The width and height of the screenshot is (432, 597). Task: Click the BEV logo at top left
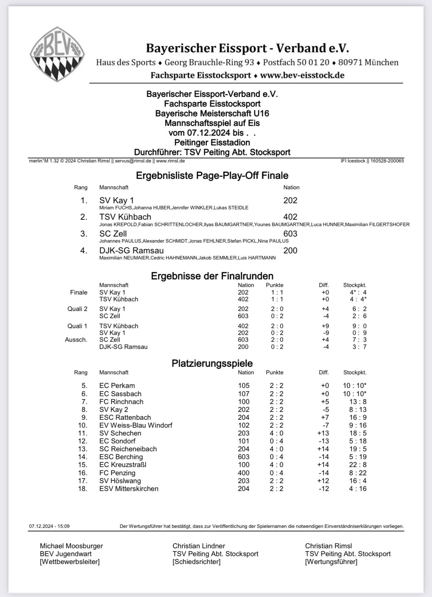pos(57,54)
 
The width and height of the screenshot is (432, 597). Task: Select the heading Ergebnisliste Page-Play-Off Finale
pos(212,175)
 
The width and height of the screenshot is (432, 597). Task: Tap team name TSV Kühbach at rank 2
pos(125,217)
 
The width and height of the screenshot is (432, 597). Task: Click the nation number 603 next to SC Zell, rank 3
pos(290,234)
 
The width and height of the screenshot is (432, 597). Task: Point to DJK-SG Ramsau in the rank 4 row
pos(131,251)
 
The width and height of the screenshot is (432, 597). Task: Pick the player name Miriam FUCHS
pos(116,208)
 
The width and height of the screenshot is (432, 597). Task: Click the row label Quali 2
pos(77,309)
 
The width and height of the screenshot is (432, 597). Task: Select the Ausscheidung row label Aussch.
pos(76,340)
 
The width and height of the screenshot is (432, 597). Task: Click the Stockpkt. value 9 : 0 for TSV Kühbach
pos(359,326)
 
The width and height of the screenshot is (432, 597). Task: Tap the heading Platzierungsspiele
pos(212,363)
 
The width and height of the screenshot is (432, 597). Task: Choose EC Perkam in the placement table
pos(117,386)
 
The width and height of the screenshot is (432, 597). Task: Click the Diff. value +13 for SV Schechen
pos(323,433)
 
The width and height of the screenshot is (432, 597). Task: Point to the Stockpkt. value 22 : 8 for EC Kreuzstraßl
pos(357,465)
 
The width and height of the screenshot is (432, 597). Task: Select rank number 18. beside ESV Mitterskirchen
pos(83,489)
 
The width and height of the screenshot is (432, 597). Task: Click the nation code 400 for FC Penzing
pos(244,473)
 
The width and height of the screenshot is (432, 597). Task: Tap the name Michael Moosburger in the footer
pos(71,546)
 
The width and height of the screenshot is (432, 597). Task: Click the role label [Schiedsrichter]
pos(196,562)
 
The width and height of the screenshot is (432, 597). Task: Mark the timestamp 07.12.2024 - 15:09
pos(49,526)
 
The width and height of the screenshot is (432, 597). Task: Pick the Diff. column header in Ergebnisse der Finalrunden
pos(324,285)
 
